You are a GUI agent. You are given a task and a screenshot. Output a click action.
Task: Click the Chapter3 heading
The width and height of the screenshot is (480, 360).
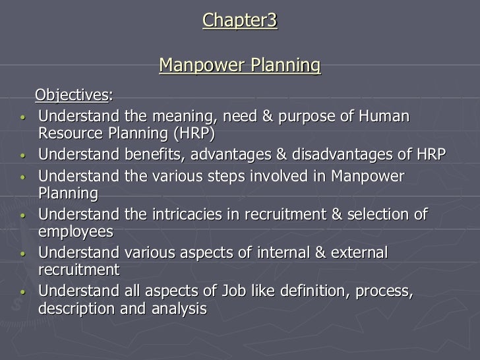tap(240, 21)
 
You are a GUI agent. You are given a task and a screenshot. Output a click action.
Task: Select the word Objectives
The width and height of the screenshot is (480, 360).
tap(72, 96)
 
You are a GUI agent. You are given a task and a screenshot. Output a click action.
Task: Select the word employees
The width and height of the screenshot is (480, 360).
tap(76, 232)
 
